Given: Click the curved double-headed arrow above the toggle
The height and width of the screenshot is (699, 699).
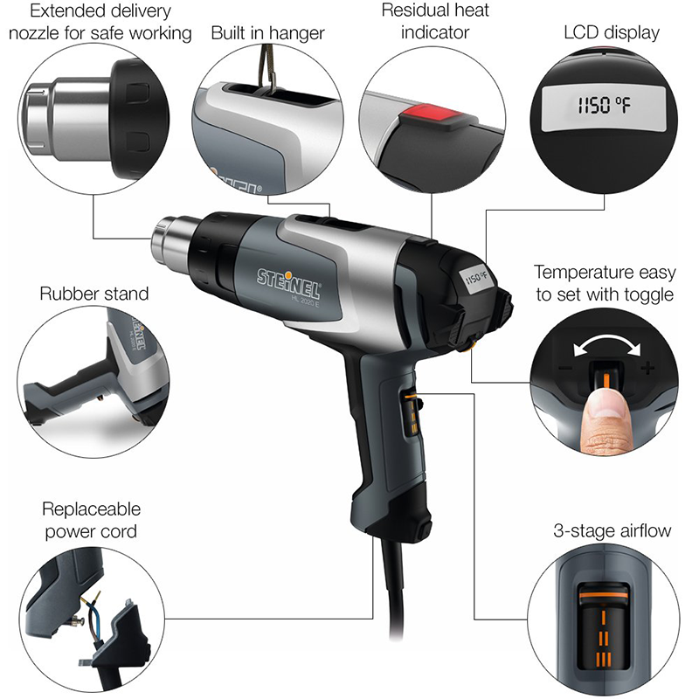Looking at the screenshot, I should tap(602, 343).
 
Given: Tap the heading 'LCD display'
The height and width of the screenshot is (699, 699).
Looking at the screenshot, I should tap(612, 33).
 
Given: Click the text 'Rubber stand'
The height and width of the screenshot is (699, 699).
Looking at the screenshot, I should tap(94, 293).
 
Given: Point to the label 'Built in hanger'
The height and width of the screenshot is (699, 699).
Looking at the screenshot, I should tap(267, 33).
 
